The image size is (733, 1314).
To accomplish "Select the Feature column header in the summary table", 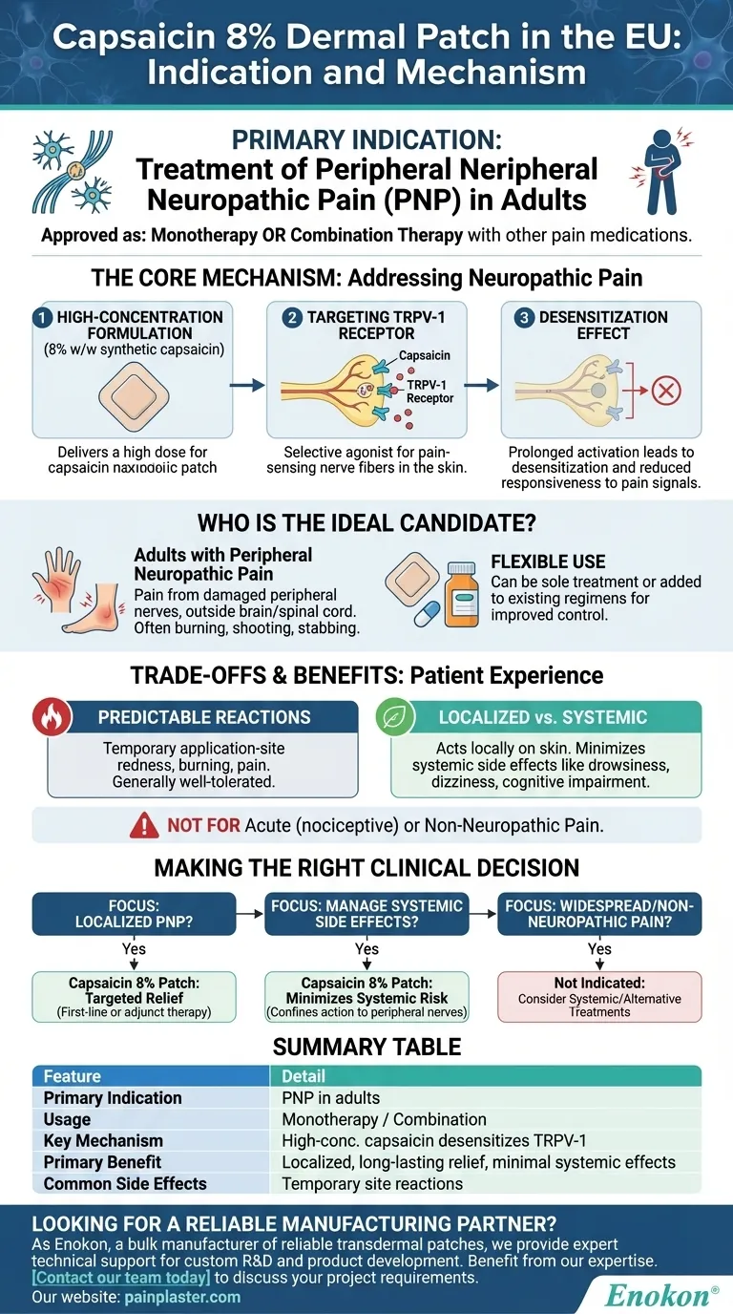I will pyautogui.click(x=73, y=1076).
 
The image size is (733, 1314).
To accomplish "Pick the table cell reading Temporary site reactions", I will pyautogui.click(x=372, y=1183).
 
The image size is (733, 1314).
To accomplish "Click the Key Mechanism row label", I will pyautogui.click(x=103, y=1141).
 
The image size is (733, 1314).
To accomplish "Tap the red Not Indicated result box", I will pyautogui.click(x=599, y=997).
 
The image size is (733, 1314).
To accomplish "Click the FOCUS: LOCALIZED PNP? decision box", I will pyautogui.click(x=134, y=914).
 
